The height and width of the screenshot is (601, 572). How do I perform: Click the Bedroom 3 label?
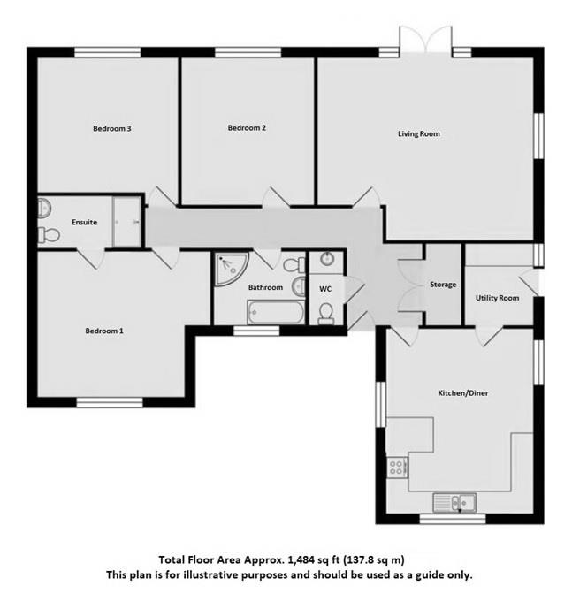(112, 128)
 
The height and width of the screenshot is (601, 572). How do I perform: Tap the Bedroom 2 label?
(247, 128)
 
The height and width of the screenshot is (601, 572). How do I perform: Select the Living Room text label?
(418, 134)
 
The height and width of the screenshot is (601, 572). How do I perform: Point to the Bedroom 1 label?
(104, 331)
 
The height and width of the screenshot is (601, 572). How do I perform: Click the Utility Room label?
(498, 298)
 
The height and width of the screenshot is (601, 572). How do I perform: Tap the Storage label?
(443, 285)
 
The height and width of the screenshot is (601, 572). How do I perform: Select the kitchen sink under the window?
(454, 503)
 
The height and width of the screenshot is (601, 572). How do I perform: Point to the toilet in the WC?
(326, 313)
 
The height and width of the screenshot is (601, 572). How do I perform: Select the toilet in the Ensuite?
(50, 234)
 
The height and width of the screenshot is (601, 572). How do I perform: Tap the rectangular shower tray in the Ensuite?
(126, 222)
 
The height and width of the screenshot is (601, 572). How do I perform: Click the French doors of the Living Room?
(425, 40)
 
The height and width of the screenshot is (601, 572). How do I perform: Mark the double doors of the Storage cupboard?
(409, 285)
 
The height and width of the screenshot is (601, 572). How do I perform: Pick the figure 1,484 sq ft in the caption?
(309, 559)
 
